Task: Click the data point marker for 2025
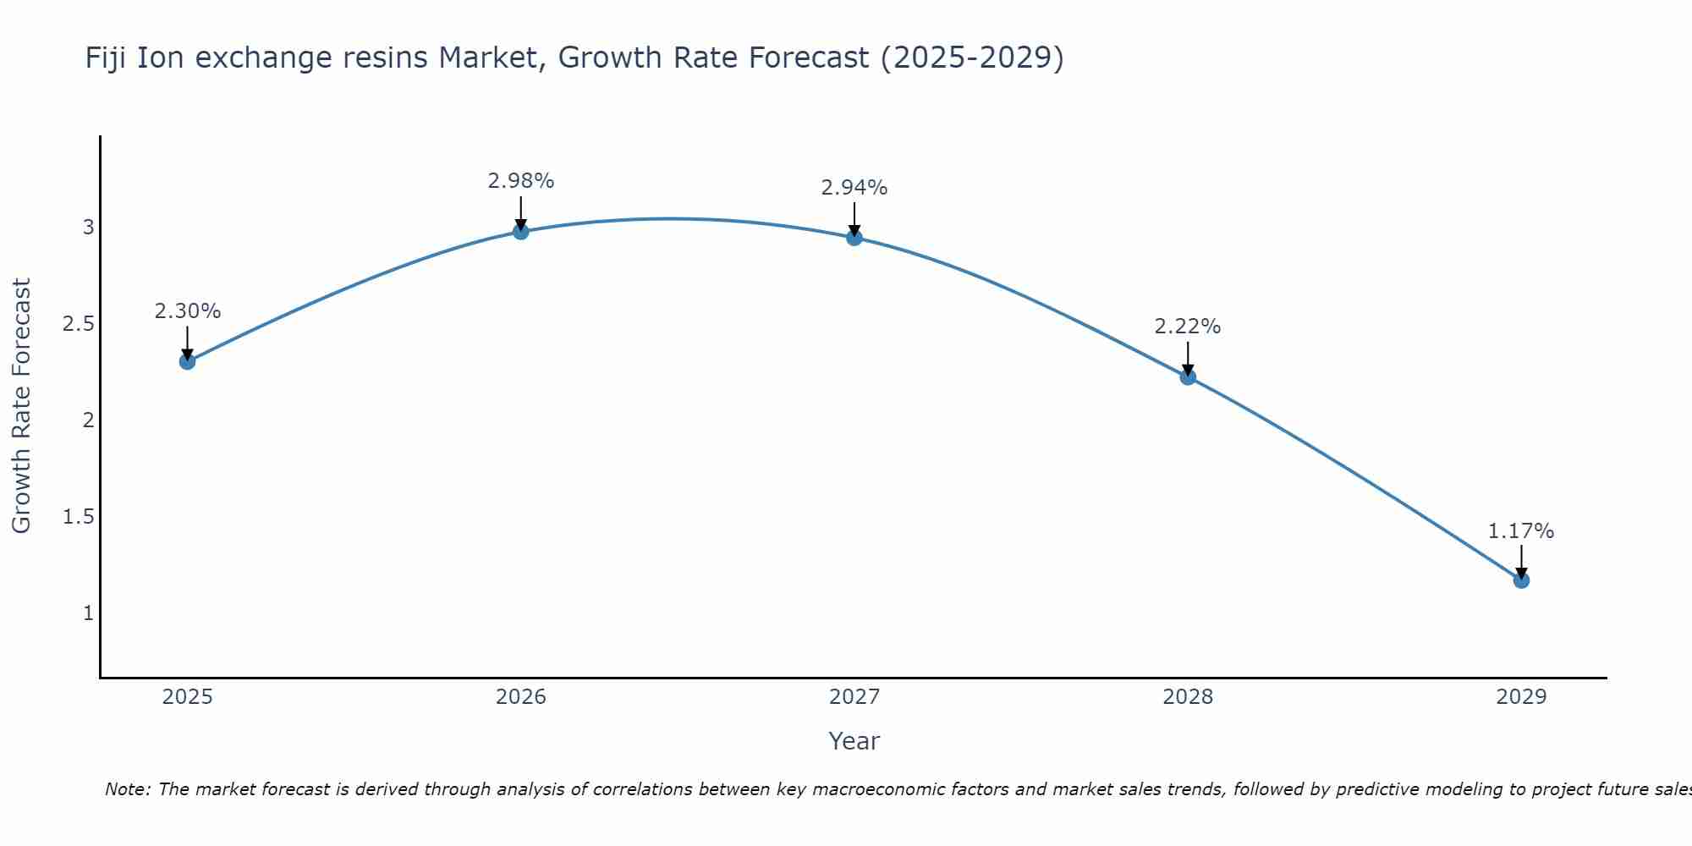point(187,361)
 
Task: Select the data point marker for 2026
point(521,231)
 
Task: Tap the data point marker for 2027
point(854,238)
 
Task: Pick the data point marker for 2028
point(1188,376)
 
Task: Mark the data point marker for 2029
point(1521,580)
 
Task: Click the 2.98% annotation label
point(521,181)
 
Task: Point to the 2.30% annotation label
point(187,311)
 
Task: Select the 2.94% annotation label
point(854,188)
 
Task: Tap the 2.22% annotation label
point(1188,327)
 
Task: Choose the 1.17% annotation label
point(1521,531)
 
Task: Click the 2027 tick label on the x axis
point(854,697)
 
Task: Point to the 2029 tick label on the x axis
point(1521,697)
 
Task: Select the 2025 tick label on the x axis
point(187,697)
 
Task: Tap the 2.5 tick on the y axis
point(78,324)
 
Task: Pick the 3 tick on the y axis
point(88,228)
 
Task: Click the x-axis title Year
point(854,741)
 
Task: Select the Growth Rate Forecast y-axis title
point(22,406)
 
